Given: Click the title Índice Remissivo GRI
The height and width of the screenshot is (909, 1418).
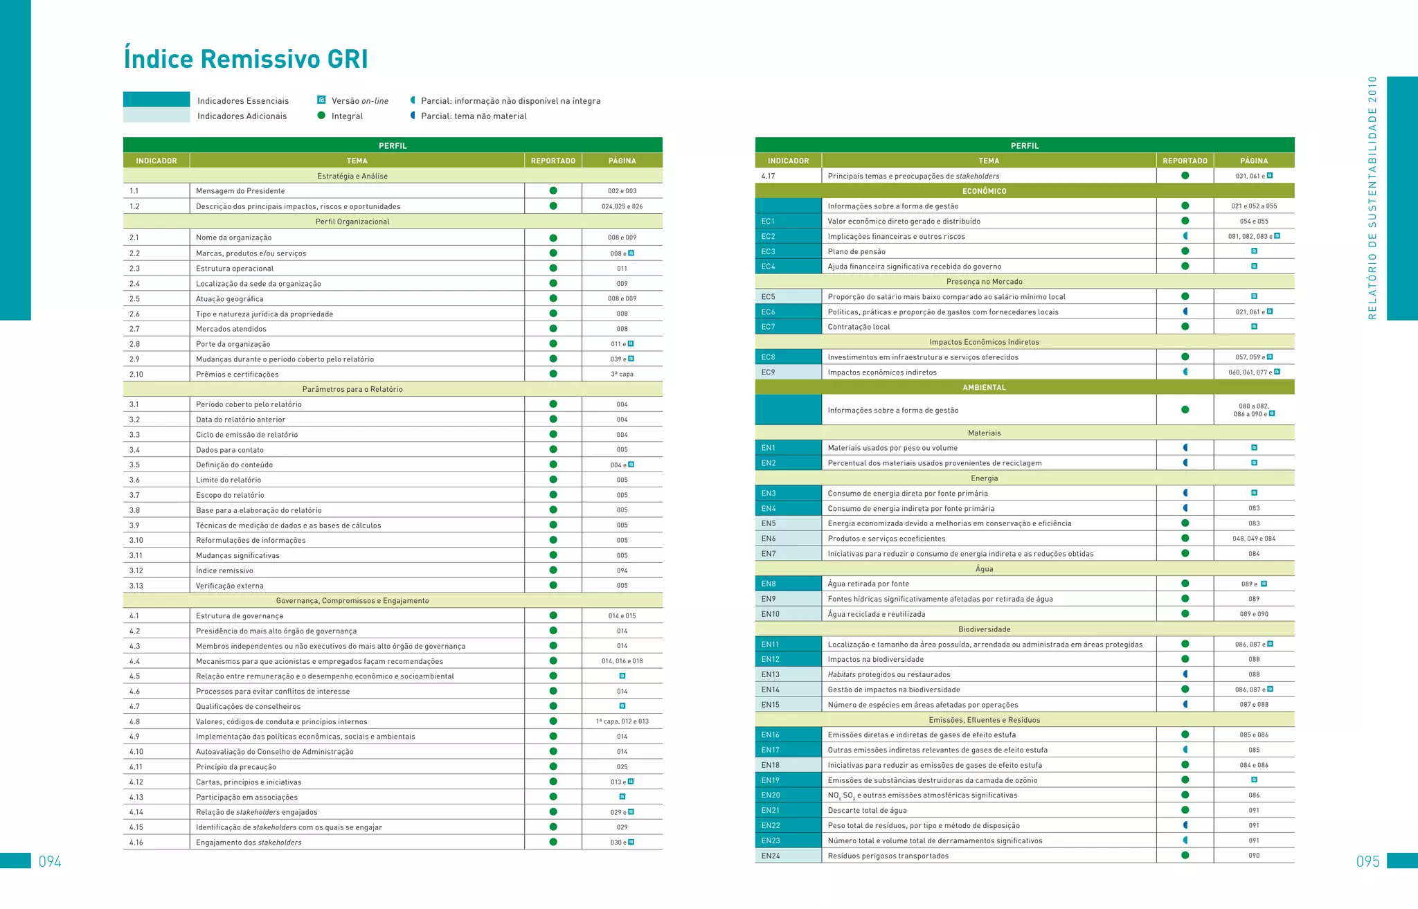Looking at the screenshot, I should point(246,60).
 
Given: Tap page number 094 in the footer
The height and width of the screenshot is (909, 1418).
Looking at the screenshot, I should point(50,861).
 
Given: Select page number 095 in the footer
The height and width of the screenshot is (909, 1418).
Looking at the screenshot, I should point(1367,861).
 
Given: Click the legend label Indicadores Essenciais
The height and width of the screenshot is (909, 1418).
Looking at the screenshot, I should point(243,101).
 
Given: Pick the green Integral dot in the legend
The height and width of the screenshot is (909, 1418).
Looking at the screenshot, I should point(321,116).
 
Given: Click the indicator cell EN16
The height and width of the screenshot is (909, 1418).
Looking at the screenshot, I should point(771,735).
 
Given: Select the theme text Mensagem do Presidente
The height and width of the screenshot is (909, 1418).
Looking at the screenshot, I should point(240,191).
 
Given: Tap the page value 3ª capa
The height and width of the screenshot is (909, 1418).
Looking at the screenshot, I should point(622,375).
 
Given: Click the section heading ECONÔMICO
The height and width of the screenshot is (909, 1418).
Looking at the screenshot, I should point(984,191).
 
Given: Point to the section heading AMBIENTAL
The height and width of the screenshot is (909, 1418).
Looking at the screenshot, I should point(984,388).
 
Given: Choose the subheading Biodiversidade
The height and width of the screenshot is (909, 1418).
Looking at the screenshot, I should point(984,629).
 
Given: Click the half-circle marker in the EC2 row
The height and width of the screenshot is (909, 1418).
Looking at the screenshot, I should point(1185,236).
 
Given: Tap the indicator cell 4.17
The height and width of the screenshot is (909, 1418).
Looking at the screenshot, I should point(768,176).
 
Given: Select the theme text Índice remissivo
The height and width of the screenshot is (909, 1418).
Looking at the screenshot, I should point(224,570).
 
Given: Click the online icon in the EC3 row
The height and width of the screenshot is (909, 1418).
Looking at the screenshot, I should point(1254,251).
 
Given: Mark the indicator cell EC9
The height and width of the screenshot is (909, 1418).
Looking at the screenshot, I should point(769,372).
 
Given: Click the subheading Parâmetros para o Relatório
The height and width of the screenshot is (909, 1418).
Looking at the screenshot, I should point(352,389).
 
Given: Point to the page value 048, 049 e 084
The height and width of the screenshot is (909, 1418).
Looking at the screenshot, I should point(1254,539).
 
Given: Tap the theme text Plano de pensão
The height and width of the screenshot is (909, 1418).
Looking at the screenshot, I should point(856,251).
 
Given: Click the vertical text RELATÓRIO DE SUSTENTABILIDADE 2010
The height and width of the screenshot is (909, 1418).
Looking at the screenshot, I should point(1372,198).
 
